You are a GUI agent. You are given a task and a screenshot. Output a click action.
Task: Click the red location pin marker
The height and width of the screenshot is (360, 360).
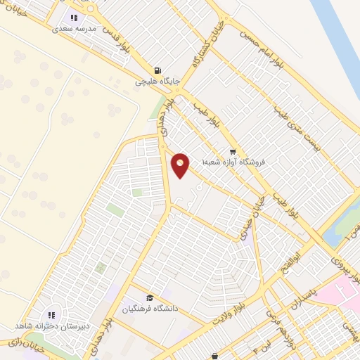(x=181, y=165)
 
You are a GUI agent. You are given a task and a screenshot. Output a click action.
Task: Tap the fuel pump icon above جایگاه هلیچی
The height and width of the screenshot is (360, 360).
(x=157, y=71)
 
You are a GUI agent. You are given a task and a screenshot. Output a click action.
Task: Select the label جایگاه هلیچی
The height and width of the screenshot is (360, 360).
(x=158, y=82)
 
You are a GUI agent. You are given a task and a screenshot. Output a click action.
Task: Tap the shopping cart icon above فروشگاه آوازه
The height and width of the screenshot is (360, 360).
(x=233, y=152)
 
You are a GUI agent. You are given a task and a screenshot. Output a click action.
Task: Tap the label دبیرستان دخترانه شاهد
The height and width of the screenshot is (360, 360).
(x=51, y=327)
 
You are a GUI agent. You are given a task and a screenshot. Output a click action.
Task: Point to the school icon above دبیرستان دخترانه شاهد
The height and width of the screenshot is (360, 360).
(x=51, y=316)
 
